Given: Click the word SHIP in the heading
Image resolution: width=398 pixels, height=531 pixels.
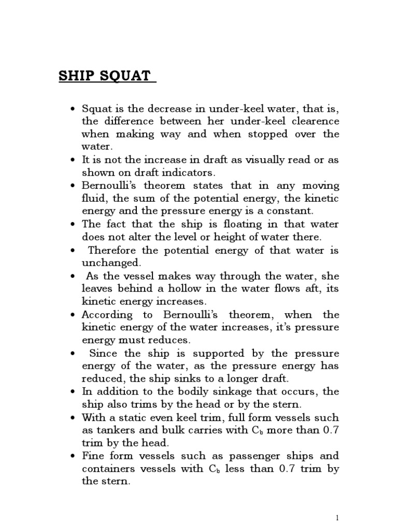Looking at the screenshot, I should [74, 76].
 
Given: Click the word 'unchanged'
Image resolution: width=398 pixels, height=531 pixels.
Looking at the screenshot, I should [109, 263].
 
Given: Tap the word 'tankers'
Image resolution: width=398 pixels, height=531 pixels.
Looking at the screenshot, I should [113, 430].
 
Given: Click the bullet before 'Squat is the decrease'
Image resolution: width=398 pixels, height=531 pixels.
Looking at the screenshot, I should [73, 109].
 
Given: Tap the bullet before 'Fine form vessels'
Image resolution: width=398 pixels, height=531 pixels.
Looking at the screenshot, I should [73, 456].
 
